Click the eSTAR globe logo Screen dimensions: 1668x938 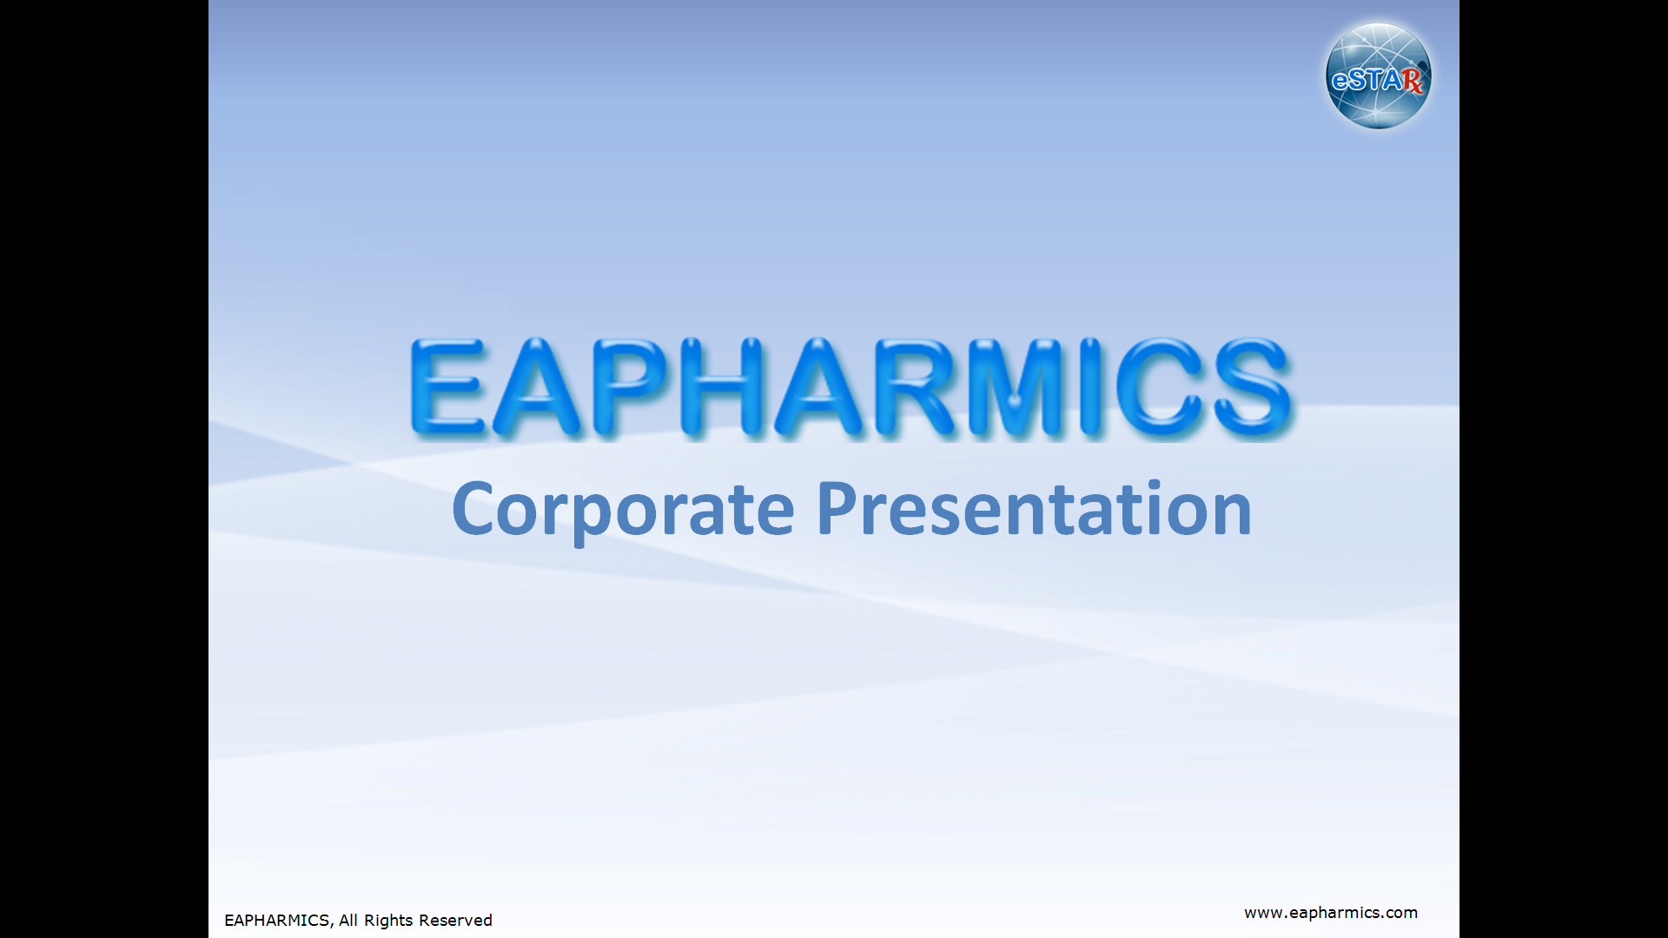coord(1379,76)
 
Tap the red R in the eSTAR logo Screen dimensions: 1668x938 coord(1413,81)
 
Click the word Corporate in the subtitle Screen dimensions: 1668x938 coord(623,511)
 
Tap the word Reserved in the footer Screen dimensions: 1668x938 coord(455,921)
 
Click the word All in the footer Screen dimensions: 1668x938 coord(348,921)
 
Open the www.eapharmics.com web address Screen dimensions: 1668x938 coord(1331,913)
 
